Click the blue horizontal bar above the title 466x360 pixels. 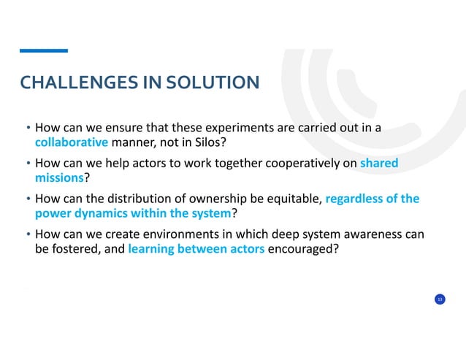click(x=43, y=50)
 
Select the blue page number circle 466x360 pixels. click(x=440, y=299)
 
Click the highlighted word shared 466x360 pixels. click(x=379, y=164)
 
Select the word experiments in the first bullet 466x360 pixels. click(x=232, y=128)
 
